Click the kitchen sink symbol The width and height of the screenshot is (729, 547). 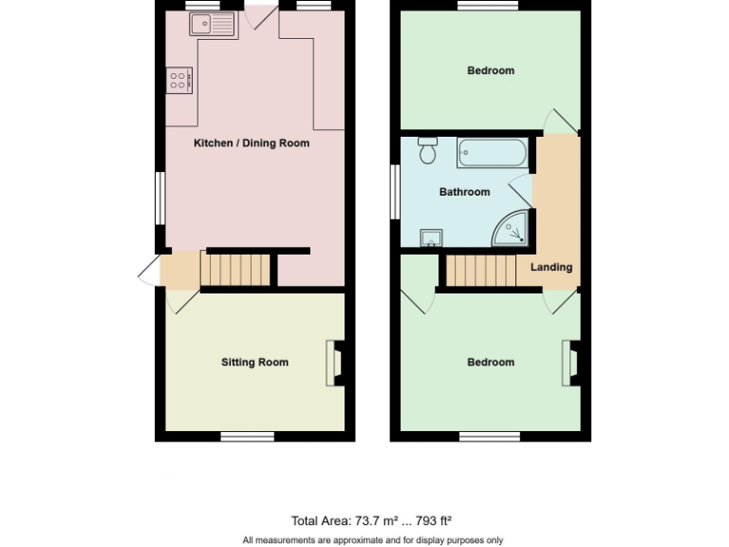tap(213, 26)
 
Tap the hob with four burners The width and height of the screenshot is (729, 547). tap(179, 81)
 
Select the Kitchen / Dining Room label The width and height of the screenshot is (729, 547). tap(252, 143)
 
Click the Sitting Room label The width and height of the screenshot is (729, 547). tap(254, 362)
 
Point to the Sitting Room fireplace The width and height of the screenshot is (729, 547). tap(335, 364)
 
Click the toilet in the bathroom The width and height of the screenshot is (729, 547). tap(428, 150)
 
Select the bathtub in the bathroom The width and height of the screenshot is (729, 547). tap(492, 151)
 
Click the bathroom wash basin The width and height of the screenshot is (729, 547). tap(431, 236)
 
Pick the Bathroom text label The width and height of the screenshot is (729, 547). tap(464, 192)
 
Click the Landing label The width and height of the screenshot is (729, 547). tap(551, 267)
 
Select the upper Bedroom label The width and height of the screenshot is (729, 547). tap(491, 70)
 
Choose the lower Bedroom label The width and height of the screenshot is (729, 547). tap(491, 362)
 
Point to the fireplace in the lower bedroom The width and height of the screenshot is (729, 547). tap(570, 364)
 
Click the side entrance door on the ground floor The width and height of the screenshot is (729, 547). tap(149, 270)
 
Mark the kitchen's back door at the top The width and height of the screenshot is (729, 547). tap(259, 13)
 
